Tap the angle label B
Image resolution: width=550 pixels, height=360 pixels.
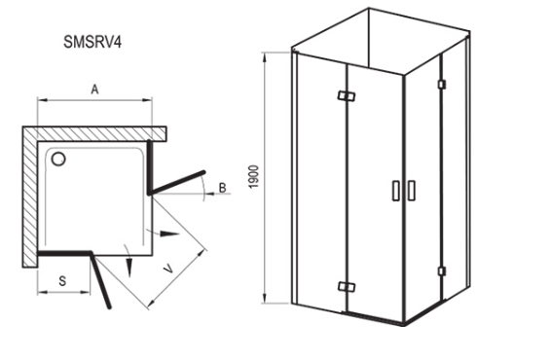pyautogui.click(x=221, y=186)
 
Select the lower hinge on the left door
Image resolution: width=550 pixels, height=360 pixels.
pyautogui.click(x=342, y=286)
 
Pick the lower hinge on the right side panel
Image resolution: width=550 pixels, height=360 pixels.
pyautogui.click(x=441, y=271)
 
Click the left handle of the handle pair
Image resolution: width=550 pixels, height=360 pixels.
pyautogui.click(x=395, y=190)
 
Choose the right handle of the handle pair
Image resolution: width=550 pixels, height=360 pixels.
pyautogui.click(x=410, y=190)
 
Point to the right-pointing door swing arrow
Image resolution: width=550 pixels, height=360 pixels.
pyautogui.click(x=171, y=234)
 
